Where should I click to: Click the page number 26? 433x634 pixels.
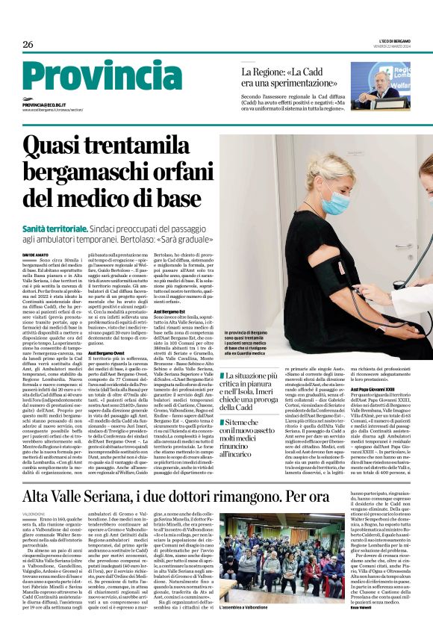click(28, 44)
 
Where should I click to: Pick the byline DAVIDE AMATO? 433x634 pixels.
click(35, 253)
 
